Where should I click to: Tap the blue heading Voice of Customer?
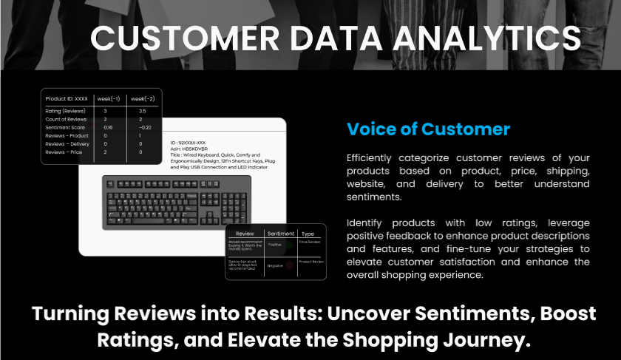coord(428,129)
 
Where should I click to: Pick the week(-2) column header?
coord(143,98)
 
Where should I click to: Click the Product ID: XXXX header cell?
coord(67,98)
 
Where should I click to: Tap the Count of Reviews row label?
coord(66,119)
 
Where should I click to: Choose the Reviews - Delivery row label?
coord(67,144)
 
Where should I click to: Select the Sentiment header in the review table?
coord(280,233)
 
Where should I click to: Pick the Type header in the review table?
coord(308,233)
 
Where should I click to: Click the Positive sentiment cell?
coord(275,244)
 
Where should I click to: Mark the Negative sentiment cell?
coord(275,265)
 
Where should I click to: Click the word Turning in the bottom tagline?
coord(71,313)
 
